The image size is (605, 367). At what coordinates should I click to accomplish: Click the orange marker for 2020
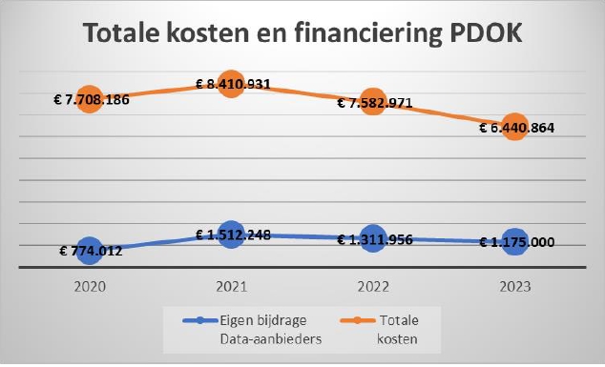point(89,99)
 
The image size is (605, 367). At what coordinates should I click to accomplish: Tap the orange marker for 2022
point(372,102)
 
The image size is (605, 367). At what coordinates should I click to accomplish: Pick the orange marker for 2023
point(514,126)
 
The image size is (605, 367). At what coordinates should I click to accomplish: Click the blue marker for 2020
point(89,251)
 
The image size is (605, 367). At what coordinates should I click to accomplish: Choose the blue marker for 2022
point(372,239)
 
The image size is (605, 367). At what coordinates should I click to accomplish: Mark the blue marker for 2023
point(514,242)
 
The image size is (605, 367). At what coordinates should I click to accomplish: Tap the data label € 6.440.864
point(516,127)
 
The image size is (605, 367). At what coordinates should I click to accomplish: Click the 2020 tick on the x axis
point(89,285)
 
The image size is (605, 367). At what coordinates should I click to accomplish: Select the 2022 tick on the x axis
point(372,285)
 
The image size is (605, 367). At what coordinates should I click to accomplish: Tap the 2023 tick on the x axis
point(514,285)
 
